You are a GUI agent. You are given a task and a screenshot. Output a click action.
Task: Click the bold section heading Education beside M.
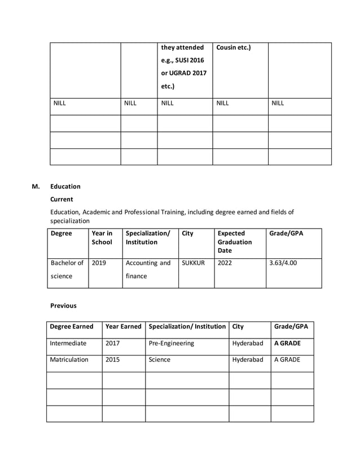[x=65, y=186]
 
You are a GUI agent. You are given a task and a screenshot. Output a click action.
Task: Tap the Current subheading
[x=62, y=199]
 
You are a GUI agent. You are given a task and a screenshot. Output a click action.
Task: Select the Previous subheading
[x=63, y=306]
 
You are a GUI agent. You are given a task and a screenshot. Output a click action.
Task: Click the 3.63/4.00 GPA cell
[x=284, y=263]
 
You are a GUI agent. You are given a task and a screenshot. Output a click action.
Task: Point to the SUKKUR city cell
[x=193, y=263]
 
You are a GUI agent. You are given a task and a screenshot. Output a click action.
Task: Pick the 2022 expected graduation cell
[x=224, y=263]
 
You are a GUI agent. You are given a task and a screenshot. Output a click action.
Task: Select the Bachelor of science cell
[x=67, y=270]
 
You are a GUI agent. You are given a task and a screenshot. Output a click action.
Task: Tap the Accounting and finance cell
[x=147, y=270]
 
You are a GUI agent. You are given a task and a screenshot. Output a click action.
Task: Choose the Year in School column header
[x=102, y=238]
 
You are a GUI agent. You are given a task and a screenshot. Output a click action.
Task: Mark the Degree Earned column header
[x=72, y=326]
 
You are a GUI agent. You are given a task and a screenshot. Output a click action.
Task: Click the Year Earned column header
[x=123, y=326]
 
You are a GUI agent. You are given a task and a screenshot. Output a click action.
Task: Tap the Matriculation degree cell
[x=69, y=359]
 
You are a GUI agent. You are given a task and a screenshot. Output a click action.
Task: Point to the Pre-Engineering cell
[x=171, y=343]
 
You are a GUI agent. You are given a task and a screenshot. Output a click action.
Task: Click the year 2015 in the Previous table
[x=112, y=359]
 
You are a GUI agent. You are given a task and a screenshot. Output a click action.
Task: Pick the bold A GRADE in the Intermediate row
[x=287, y=343]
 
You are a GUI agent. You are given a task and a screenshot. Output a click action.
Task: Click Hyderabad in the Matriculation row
[x=247, y=359]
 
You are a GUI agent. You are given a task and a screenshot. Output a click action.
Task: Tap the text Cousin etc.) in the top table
[x=234, y=47]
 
